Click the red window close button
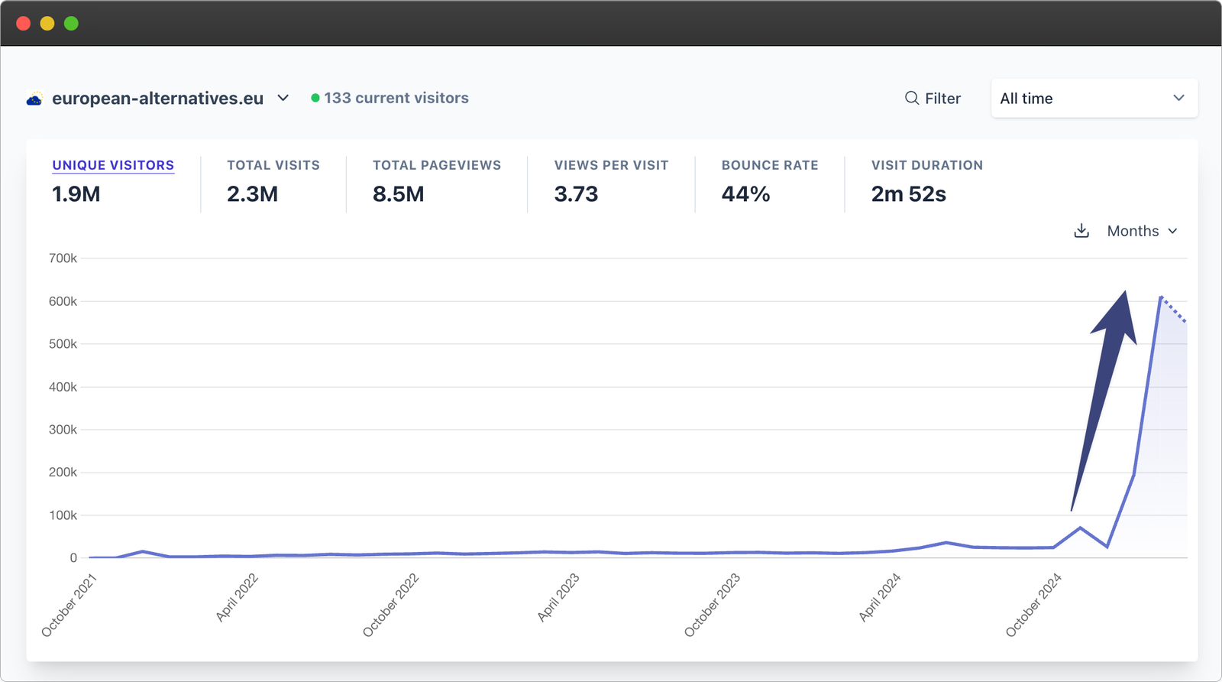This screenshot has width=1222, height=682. [23, 24]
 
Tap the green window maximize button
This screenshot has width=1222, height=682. [71, 24]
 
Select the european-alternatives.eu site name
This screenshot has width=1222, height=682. [157, 99]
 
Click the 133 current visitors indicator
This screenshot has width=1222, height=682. [390, 98]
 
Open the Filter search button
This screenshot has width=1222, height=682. [933, 99]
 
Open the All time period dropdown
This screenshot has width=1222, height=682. [1094, 99]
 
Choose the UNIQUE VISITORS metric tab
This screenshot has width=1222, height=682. [113, 165]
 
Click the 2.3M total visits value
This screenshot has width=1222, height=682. [252, 194]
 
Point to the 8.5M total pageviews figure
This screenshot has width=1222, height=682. [398, 194]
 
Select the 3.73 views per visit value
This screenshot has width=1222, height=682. [576, 194]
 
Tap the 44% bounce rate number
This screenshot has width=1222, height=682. [745, 194]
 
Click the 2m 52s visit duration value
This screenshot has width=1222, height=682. [908, 194]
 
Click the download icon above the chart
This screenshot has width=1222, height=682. [1081, 231]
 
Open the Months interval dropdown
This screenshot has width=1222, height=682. [1142, 231]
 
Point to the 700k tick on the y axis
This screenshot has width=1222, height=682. [63, 258]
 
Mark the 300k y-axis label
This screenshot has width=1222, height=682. [63, 430]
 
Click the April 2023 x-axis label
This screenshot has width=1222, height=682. [558, 597]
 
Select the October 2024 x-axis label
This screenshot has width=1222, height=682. [1033, 605]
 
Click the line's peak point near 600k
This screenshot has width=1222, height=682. [1161, 297]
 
